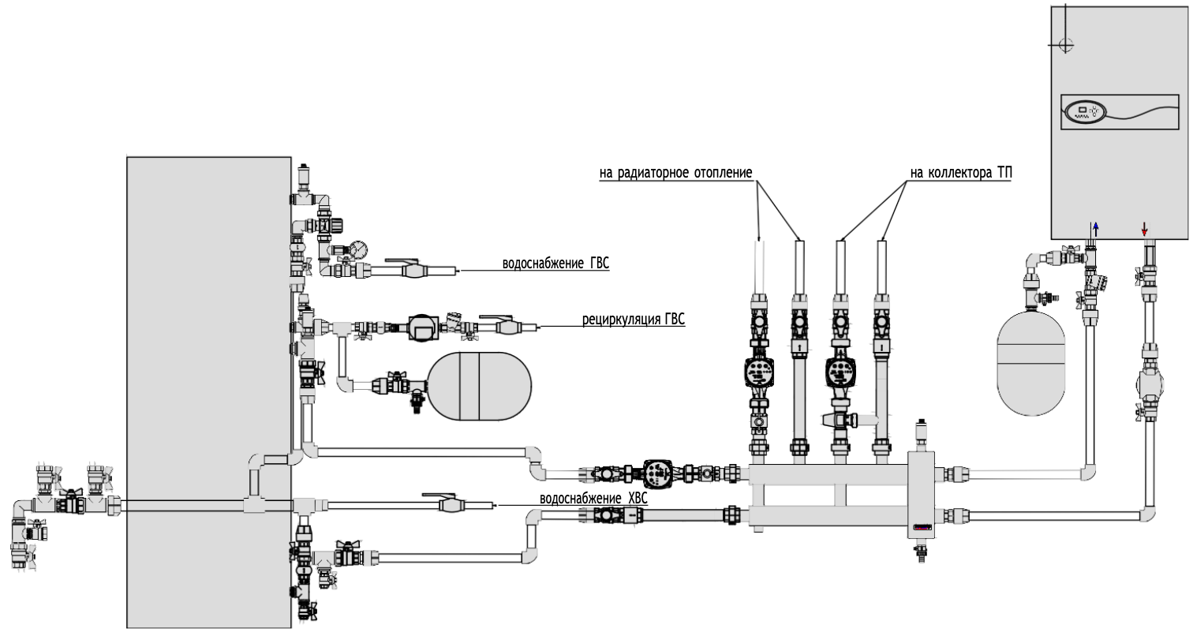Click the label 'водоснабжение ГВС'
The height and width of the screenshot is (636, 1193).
(x=555, y=263)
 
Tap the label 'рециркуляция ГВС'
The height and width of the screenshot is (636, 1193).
(x=634, y=320)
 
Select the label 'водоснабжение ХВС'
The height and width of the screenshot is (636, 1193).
(x=594, y=499)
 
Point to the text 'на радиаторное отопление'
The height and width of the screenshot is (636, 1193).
(x=676, y=173)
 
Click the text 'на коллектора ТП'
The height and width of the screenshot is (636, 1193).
(x=961, y=173)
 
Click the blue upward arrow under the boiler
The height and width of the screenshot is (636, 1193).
(x=1095, y=229)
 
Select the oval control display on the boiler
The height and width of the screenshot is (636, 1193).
(x=1086, y=112)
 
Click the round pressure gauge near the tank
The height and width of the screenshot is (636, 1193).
(x=359, y=249)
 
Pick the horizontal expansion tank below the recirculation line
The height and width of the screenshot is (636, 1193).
(x=480, y=386)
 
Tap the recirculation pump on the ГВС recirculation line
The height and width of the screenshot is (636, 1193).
(x=423, y=327)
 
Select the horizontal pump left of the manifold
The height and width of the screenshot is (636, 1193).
(x=658, y=473)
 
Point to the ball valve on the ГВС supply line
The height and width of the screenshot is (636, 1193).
(x=413, y=270)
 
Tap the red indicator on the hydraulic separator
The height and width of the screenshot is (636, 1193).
(x=922, y=528)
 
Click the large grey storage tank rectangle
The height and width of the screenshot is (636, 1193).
(x=209, y=392)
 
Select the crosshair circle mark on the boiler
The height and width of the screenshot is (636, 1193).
(x=1066, y=45)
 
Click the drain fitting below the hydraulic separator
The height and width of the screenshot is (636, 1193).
(x=921, y=551)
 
